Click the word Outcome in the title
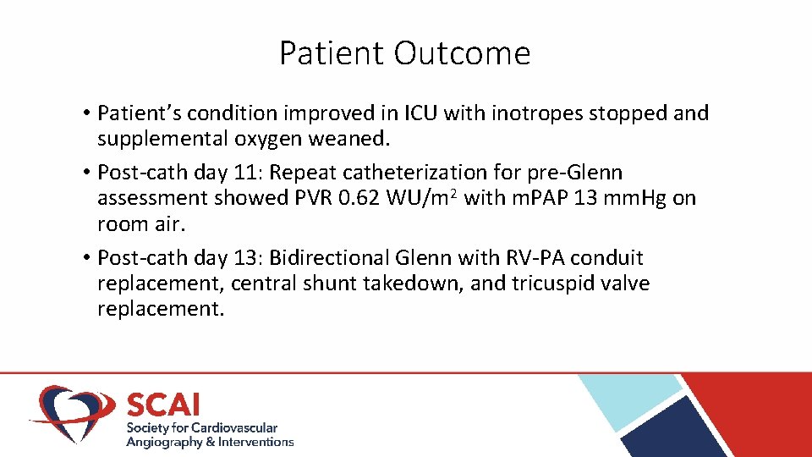[x=462, y=53]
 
